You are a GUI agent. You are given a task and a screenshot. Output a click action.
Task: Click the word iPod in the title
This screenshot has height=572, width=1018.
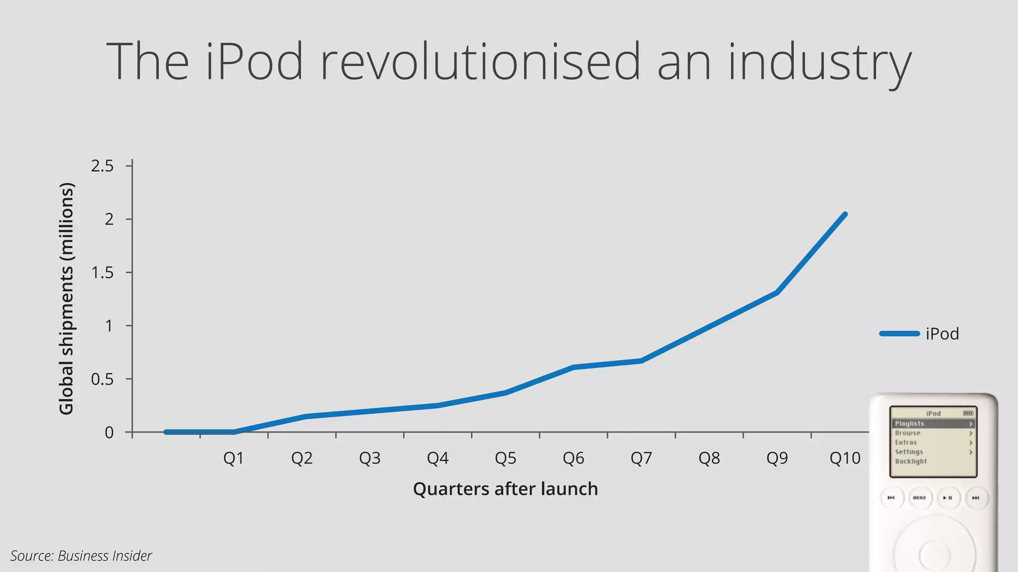pyautogui.click(x=254, y=62)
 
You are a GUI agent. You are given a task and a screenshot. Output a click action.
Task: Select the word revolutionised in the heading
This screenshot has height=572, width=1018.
pyautogui.click(x=480, y=62)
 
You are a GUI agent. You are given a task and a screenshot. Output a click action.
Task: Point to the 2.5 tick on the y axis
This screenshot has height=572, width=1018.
pyautogui.click(x=102, y=166)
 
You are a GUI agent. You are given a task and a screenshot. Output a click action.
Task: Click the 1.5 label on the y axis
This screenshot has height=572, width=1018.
pyautogui.click(x=102, y=273)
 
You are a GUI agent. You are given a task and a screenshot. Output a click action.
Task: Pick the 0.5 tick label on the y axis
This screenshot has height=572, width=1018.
pyautogui.click(x=102, y=379)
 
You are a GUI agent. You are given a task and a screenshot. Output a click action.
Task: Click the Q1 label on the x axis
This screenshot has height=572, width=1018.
pyautogui.click(x=234, y=458)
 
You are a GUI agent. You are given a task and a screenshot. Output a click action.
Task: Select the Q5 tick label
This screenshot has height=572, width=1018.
pyautogui.click(x=506, y=458)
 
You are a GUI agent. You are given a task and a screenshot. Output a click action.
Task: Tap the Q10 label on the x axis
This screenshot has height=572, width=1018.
pyautogui.click(x=845, y=458)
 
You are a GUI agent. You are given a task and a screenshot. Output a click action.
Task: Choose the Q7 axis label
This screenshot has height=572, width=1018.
pyautogui.click(x=641, y=458)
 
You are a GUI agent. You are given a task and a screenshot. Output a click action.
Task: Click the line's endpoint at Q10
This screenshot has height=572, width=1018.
pyautogui.click(x=845, y=214)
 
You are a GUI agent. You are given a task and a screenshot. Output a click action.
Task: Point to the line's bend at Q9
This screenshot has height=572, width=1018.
pyautogui.click(x=776, y=292)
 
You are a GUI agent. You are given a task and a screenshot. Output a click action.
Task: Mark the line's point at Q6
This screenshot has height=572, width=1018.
pyautogui.click(x=573, y=367)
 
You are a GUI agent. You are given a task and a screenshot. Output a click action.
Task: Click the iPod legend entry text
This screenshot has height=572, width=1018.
pyautogui.click(x=942, y=334)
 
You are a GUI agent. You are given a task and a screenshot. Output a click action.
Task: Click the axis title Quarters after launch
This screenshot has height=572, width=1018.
pyautogui.click(x=505, y=489)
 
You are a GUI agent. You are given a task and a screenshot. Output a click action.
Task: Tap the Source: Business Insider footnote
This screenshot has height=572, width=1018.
pyautogui.click(x=81, y=556)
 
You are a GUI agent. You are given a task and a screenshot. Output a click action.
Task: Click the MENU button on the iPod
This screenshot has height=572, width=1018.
pyautogui.click(x=920, y=498)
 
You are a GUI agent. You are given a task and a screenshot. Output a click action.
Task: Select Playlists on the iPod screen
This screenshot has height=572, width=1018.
pyautogui.click(x=909, y=424)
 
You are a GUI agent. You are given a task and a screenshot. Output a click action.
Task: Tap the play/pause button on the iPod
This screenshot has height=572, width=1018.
pyautogui.click(x=948, y=498)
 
